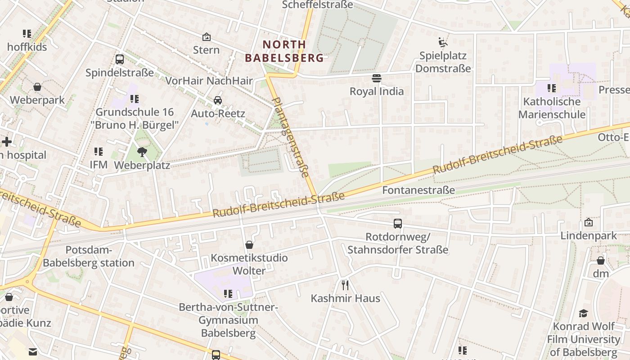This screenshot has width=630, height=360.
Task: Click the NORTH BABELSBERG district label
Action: tap(284, 51)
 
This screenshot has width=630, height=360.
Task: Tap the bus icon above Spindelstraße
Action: tap(120, 59)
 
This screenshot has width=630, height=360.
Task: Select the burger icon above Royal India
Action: tap(377, 78)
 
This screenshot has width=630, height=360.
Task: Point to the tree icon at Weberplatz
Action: tap(142, 152)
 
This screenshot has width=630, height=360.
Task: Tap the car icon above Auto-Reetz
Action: tap(218, 100)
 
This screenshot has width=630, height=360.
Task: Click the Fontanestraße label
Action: tap(418, 190)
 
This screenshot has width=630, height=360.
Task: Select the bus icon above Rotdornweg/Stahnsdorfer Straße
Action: tap(398, 223)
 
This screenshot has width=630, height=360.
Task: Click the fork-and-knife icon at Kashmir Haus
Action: tap(345, 285)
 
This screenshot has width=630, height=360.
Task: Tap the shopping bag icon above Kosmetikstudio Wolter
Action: tap(249, 245)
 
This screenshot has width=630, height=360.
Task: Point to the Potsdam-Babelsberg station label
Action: tap(89, 256)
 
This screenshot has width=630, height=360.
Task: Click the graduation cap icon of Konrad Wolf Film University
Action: tap(583, 313)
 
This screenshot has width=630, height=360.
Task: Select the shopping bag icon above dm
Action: tap(600, 261)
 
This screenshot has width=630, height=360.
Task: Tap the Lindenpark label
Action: tap(589, 236)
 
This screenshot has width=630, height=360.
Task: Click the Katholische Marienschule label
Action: tap(552, 108)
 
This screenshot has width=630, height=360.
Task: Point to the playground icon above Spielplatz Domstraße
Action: tap(443, 43)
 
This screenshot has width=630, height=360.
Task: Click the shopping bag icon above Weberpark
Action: tap(37, 86)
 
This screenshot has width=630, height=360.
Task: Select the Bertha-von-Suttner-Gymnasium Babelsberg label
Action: tap(229, 320)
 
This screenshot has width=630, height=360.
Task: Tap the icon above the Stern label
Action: tap(207, 37)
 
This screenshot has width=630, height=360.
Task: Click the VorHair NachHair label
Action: tap(209, 81)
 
